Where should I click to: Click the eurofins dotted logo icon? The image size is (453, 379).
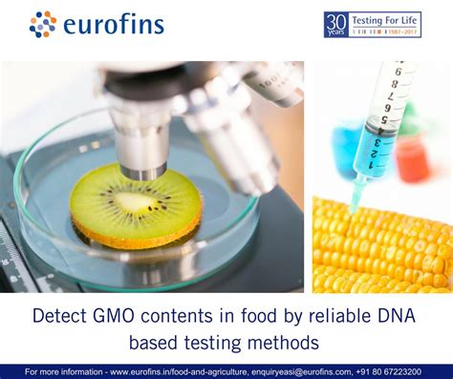pyautogui.click(x=43, y=24)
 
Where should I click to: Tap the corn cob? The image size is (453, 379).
pyautogui.click(x=382, y=248)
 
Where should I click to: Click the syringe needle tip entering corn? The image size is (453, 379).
pyautogui.click(x=352, y=207)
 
